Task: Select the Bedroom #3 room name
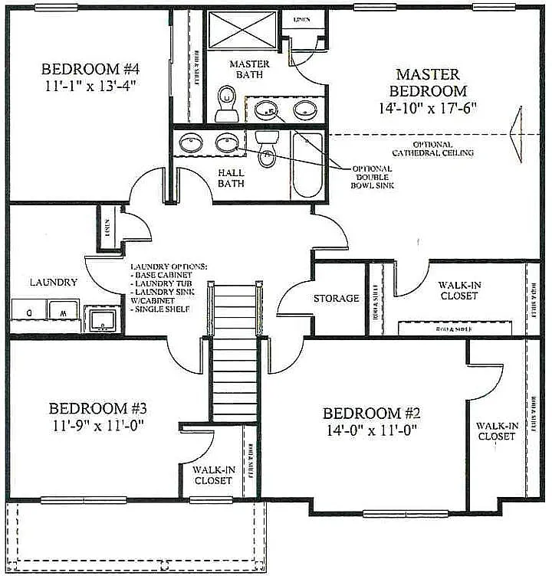coord(96,407)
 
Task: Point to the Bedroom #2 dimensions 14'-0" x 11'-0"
coord(370,430)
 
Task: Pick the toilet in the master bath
coord(227,104)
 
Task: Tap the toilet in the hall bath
coord(267,148)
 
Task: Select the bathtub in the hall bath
coord(307,162)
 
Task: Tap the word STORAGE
coord(336,299)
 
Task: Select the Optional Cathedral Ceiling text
coord(443,149)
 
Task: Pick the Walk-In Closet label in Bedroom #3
coord(212,475)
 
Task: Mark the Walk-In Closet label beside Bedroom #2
coord(496,430)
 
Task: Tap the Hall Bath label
coord(232,178)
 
